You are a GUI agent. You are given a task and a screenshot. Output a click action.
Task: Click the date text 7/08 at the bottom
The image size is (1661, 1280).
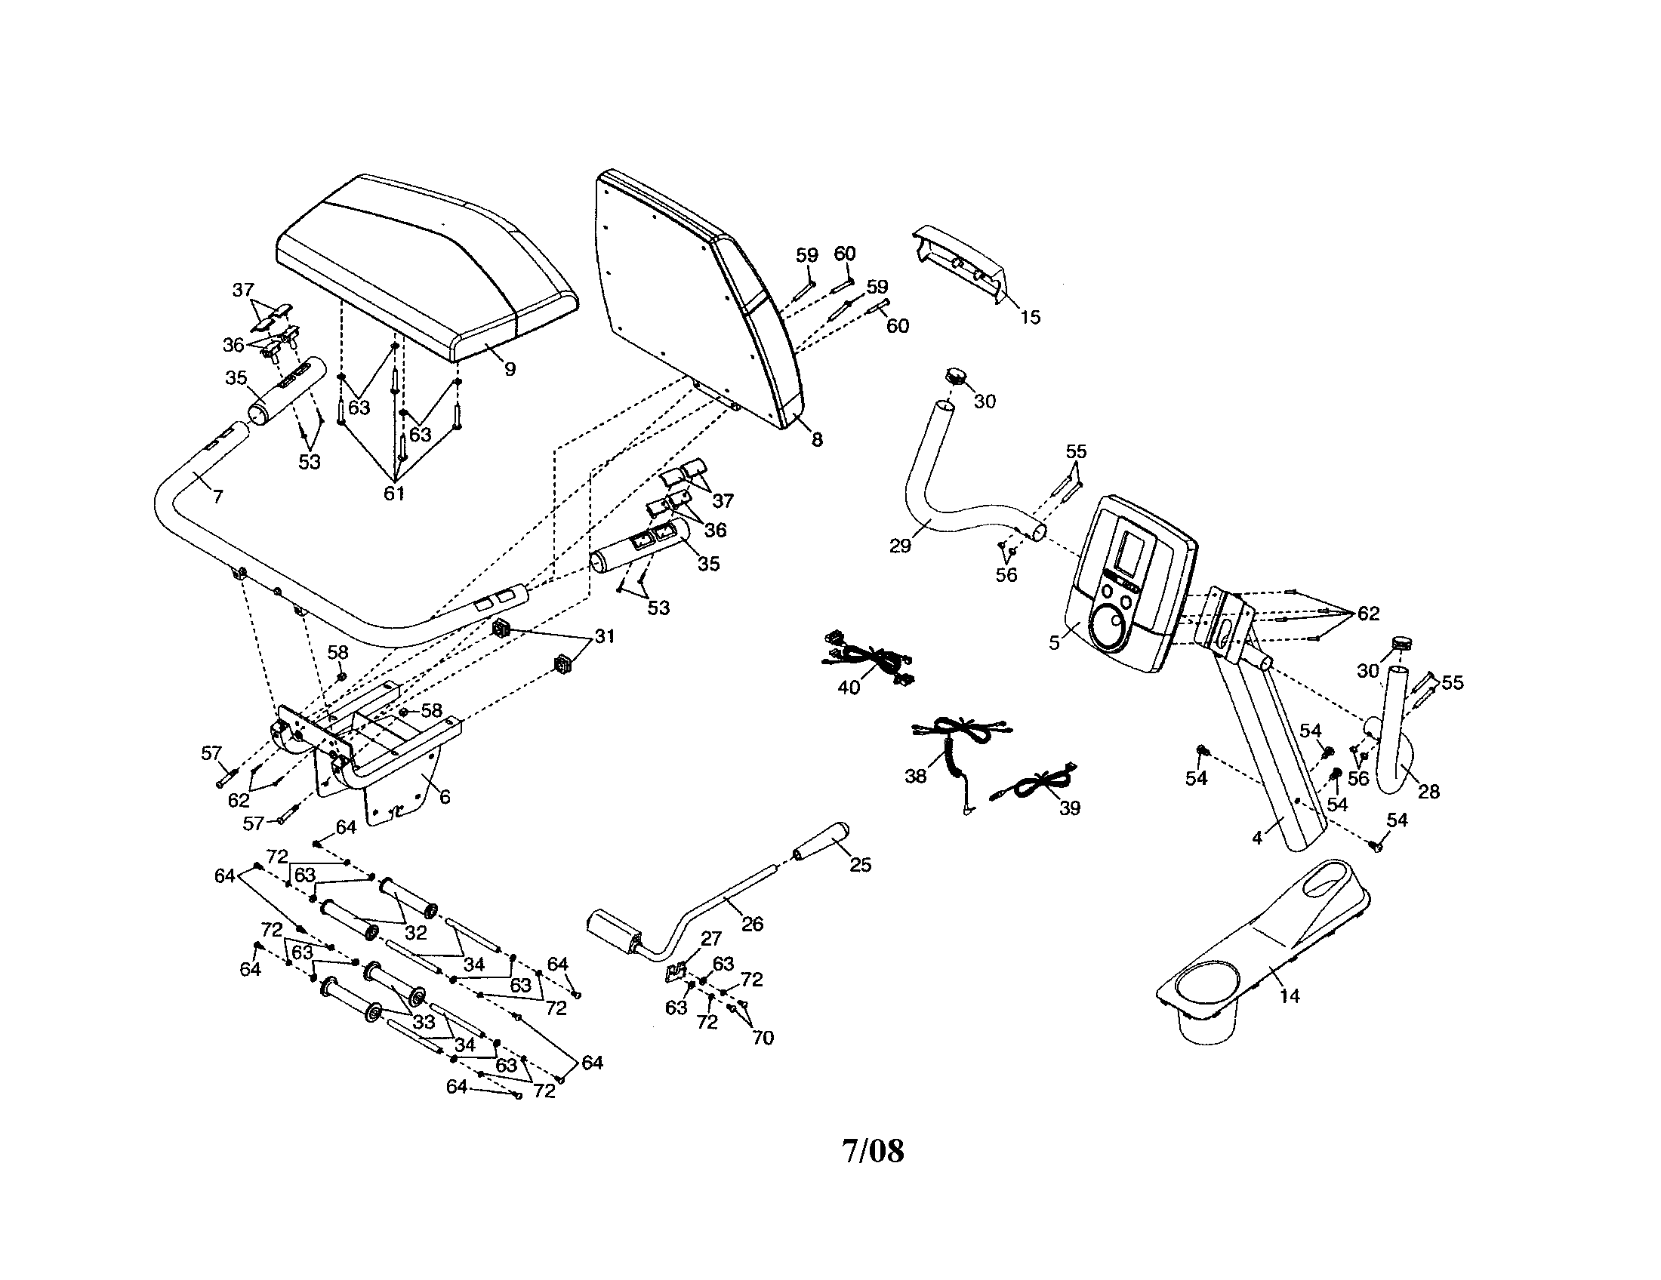click(x=873, y=1151)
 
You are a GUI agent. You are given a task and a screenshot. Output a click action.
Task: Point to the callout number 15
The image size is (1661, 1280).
click(x=1030, y=318)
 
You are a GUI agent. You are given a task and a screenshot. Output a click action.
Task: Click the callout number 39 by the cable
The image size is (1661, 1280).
click(x=1069, y=809)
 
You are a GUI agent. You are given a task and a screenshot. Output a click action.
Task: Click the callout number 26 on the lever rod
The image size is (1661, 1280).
click(x=752, y=925)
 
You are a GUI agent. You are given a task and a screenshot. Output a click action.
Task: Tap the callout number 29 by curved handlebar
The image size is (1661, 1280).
click(x=900, y=546)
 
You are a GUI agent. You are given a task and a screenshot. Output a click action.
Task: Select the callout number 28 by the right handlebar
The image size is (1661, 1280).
click(x=1429, y=792)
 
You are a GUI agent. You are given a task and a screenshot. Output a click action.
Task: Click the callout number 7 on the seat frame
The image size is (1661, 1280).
click(x=218, y=497)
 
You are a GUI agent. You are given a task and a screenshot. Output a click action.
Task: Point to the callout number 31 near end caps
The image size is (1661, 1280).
click(x=604, y=635)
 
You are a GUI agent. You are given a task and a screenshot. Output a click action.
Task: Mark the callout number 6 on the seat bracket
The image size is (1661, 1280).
click(x=445, y=796)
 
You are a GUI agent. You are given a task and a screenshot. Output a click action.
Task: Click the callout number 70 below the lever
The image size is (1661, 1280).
click(x=762, y=1038)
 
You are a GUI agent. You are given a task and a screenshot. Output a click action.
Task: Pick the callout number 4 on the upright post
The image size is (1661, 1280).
click(x=1257, y=838)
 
